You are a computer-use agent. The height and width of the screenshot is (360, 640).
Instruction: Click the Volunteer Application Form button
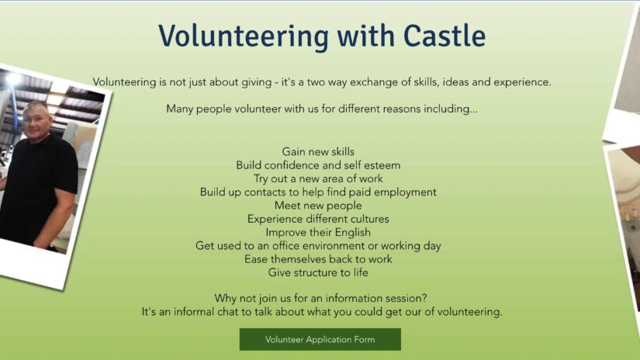[320, 339]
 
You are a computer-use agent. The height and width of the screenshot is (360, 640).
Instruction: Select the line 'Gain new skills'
[318, 152]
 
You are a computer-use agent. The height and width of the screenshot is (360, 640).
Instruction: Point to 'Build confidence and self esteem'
[318, 165]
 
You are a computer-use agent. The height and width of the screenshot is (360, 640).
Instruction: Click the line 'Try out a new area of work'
[318, 178]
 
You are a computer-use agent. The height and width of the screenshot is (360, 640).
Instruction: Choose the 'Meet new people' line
[318, 206]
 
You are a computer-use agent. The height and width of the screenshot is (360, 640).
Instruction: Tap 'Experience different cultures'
[318, 219]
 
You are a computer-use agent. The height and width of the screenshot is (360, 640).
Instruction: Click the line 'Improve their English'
[318, 232]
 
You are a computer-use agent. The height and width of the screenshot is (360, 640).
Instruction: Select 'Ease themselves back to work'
[318, 259]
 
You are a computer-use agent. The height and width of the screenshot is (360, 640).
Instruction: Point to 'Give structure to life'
[318, 272]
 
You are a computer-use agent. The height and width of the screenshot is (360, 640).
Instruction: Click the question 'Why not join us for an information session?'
[321, 299]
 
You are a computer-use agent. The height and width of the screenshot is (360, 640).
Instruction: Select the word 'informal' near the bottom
[194, 312]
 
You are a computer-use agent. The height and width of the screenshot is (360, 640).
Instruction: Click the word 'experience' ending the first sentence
[522, 82]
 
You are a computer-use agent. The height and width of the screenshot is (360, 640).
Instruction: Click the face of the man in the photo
[37, 120]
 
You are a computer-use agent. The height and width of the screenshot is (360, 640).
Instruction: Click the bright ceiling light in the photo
[13, 79]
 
